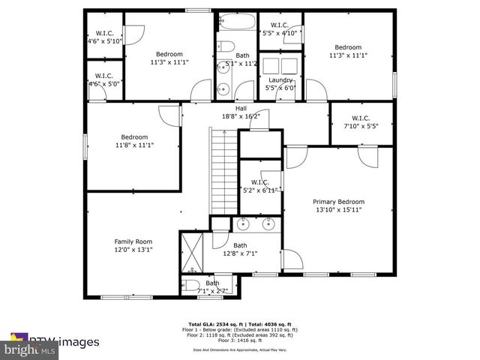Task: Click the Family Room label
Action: coord(133,241)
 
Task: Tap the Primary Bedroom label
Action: coord(339,202)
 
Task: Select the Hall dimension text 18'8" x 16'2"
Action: coord(241,116)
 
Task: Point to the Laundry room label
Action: coord(280,79)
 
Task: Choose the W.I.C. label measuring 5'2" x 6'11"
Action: coord(259,182)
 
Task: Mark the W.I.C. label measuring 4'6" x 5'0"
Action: coord(104,76)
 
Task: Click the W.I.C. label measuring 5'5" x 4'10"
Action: coord(280,26)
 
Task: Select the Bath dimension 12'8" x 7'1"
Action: coord(240,253)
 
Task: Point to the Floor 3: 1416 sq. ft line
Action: coord(240,340)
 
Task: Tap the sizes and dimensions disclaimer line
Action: coord(240,349)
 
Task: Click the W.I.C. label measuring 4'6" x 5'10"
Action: coord(104,33)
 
